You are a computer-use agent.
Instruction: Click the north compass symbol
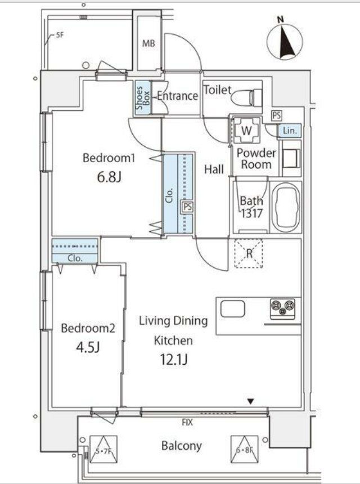(x=285, y=41)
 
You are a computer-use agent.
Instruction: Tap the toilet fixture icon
(x=248, y=97)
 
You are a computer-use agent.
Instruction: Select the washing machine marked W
(x=246, y=131)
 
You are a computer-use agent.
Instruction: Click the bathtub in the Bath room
(x=286, y=207)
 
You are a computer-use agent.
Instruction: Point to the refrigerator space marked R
(x=249, y=254)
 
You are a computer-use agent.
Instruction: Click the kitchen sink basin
(x=232, y=309)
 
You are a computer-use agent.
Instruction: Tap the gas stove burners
(x=283, y=307)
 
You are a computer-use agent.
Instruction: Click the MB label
(x=148, y=44)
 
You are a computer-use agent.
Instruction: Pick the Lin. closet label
(x=290, y=131)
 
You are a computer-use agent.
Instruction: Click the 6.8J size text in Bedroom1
(x=110, y=178)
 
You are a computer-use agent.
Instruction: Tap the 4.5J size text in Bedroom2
(x=88, y=347)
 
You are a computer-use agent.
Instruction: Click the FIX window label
(x=188, y=422)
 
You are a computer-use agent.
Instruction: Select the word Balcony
(x=182, y=446)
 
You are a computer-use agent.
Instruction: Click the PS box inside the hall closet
(x=187, y=207)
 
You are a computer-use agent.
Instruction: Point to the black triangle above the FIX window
(x=251, y=401)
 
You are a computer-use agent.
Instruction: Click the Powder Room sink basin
(x=290, y=159)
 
